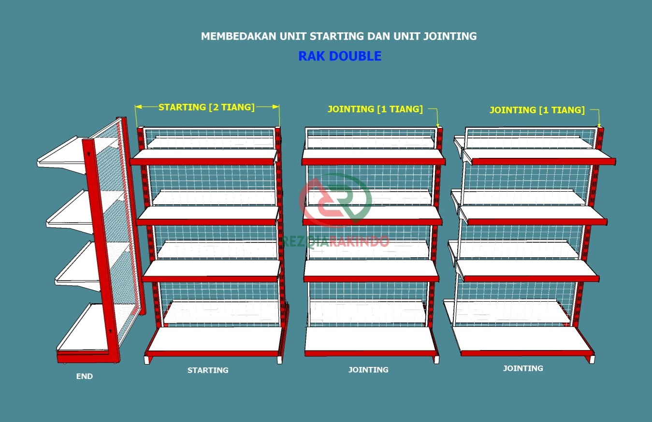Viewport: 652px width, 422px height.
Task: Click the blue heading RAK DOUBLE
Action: click(340, 56)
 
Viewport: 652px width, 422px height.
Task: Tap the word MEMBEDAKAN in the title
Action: click(239, 36)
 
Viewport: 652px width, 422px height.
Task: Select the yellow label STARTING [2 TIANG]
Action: click(206, 107)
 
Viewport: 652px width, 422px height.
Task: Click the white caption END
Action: click(85, 376)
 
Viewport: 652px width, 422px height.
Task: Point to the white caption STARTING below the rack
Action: click(208, 370)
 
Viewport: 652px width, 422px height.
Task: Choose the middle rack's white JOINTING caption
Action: click(368, 370)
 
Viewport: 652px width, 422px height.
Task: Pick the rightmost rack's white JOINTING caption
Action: click(523, 368)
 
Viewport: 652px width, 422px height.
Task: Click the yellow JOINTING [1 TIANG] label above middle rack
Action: click(375, 109)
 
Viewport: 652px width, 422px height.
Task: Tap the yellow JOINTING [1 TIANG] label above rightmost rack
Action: click(537, 110)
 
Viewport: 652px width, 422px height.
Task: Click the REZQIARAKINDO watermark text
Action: click(335, 241)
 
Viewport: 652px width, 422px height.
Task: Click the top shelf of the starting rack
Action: click(204, 157)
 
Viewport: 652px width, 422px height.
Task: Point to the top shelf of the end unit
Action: click(62, 154)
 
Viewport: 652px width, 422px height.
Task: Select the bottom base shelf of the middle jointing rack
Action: click(371, 342)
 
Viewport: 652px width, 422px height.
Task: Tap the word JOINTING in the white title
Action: click(449, 36)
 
